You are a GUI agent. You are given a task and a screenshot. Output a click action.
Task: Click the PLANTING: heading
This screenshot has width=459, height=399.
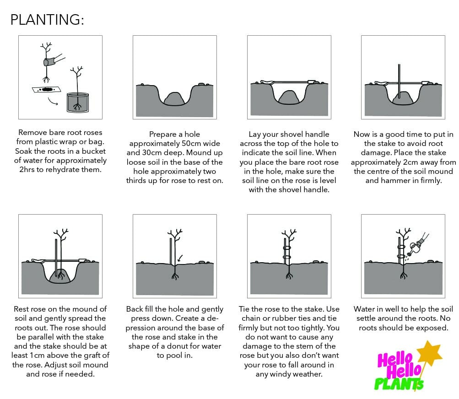(47, 20)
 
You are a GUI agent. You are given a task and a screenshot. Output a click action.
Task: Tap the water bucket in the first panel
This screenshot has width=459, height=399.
(78, 102)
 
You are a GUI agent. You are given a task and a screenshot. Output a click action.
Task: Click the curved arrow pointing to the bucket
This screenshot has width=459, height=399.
(53, 101)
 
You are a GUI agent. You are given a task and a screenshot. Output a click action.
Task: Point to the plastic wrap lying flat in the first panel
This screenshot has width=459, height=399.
(46, 89)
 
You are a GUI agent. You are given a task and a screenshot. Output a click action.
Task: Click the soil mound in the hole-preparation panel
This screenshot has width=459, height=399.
(174, 99)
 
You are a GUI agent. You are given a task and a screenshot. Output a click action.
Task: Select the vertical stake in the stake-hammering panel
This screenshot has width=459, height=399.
(399, 81)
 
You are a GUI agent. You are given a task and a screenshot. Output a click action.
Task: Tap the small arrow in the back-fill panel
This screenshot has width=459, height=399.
(180, 258)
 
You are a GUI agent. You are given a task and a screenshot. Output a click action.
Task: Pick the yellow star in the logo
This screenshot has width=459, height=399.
(429, 352)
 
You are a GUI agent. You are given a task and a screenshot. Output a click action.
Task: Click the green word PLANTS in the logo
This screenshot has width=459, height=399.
(399, 384)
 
